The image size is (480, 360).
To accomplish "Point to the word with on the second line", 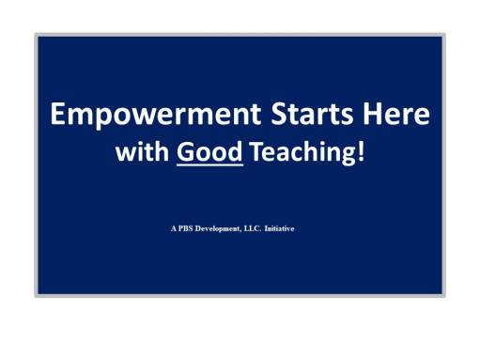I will point(141,153).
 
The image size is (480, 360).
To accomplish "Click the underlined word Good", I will point(209,153).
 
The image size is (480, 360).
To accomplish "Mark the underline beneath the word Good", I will point(209,166).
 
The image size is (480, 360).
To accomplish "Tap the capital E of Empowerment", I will point(59,116).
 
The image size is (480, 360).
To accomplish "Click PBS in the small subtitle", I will point(187,227).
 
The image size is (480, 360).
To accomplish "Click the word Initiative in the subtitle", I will point(280,227).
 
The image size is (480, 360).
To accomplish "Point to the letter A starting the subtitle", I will point(174,227).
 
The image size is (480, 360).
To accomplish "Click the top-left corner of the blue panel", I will point(39,37).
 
